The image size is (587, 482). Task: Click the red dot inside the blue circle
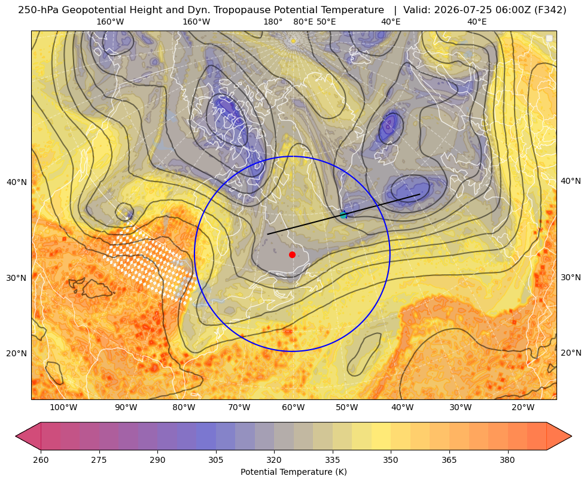293,254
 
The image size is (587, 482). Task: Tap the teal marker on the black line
343,215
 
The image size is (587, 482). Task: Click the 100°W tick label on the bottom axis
63,407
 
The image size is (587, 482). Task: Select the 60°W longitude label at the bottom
293,407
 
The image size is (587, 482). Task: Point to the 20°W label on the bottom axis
523,407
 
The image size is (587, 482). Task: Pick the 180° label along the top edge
273,22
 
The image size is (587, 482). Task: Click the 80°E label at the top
303,22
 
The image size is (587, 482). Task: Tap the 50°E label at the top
326,22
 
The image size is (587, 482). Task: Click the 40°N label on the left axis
17,183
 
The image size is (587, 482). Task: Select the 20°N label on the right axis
571,353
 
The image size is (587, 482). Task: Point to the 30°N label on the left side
17,278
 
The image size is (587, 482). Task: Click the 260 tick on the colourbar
41,460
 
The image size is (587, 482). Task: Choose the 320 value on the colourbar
274,460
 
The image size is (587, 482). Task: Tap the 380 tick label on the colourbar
507,460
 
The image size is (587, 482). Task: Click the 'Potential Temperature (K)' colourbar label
293,472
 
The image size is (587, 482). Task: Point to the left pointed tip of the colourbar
16,436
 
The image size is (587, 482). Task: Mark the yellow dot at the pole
293,41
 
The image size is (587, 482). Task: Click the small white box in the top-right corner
549,38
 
